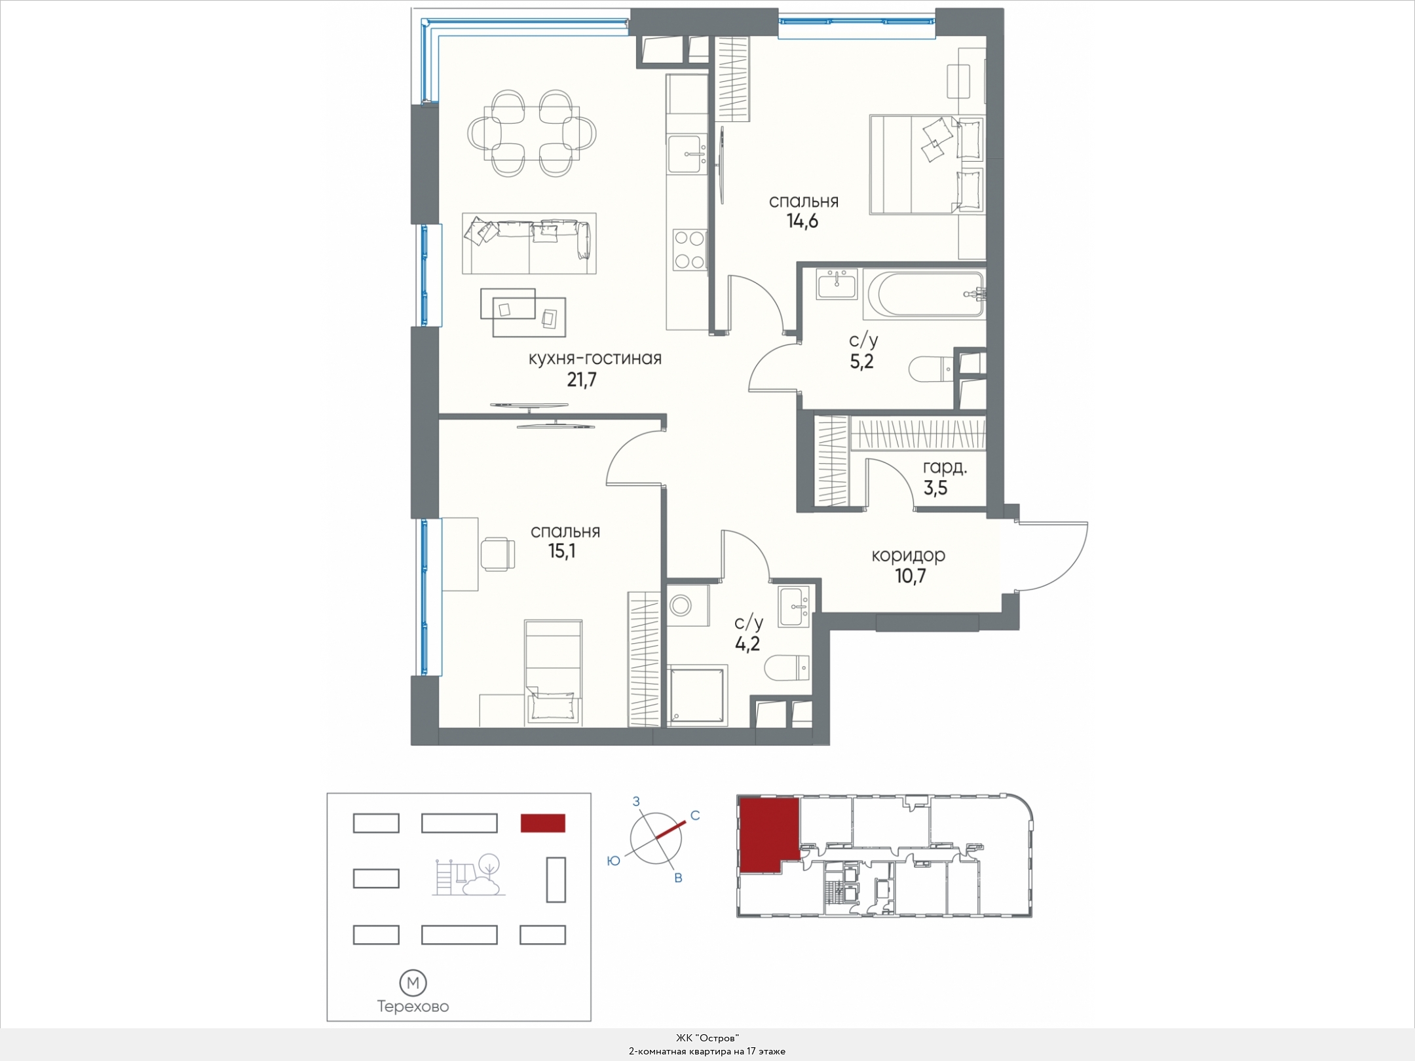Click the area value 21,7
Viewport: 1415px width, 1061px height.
(582, 380)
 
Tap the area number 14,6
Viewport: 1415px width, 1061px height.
(802, 221)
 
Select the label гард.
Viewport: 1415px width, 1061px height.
(945, 468)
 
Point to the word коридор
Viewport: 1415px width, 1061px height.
(908, 555)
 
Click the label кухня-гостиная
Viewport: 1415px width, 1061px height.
(595, 358)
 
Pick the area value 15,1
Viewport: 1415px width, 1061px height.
(562, 551)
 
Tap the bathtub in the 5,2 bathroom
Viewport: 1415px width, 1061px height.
(924, 295)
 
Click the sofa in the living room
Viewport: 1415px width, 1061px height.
(529, 243)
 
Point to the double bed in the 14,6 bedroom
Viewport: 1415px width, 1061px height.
(927, 164)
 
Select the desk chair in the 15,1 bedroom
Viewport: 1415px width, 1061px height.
(498, 553)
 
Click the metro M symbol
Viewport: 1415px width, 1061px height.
(413, 983)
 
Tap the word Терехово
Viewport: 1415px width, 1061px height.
(413, 1007)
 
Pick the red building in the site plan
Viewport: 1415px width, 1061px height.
(542, 823)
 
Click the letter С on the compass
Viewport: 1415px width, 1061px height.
(696, 815)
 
